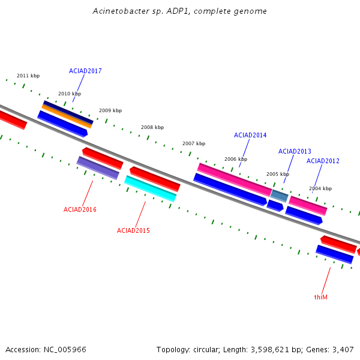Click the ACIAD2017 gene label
(x=85, y=71)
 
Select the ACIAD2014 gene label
(x=250, y=135)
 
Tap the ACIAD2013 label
(x=295, y=151)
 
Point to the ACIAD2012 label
(x=323, y=161)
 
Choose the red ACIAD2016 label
(x=80, y=209)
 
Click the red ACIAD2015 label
(x=133, y=230)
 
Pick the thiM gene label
(x=321, y=297)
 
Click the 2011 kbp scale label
(x=28, y=76)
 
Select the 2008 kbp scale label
(x=152, y=127)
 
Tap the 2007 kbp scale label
(x=194, y=143)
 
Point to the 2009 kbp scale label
(x=110, y=110)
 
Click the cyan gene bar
(x=151, y=189)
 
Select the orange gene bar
(x=67, y=116)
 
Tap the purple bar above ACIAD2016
(x=98, y=168)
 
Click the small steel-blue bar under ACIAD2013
(x=279, y=196)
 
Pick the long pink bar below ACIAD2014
(x=235, y=180)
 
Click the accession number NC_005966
(x=65, y=350)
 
